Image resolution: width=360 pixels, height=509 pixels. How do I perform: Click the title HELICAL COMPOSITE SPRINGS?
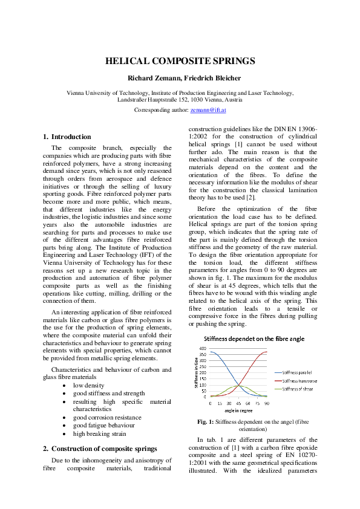pyautogui.click(x=180, y=61)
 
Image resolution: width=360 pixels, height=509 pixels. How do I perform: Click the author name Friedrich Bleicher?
pyautogui.click(x=203, y=78)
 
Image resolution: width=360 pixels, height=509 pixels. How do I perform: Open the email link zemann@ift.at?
pyautogui.click(x=208, y=111)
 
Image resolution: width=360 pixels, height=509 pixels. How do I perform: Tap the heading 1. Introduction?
pyautogui.click(x=67, y=137)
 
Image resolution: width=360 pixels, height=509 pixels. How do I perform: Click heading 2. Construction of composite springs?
pyautogui.click(x=100, y=449)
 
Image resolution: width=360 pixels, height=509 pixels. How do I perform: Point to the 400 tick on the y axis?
pyautogui.click(x=203, y=349)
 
